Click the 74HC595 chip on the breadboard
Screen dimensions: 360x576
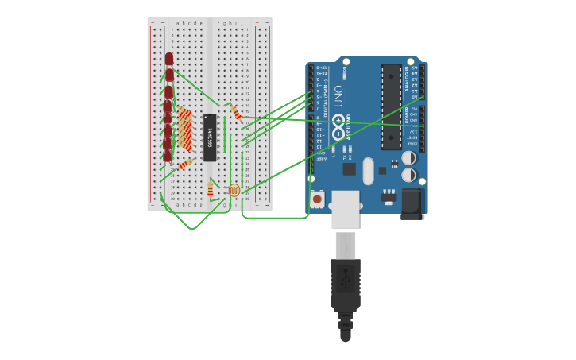point(210,137)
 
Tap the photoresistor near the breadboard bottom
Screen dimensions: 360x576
point(234,190)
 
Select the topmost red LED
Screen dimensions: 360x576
point(169,59)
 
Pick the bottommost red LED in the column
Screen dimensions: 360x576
point(168,156)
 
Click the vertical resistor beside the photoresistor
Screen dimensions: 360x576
point(211,188)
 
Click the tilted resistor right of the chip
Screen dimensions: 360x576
point(236,113)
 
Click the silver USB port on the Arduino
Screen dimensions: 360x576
point(346,210)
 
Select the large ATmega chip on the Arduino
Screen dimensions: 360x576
point(391,106)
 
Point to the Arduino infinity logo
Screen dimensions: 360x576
point(338,127)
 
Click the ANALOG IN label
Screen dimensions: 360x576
point(408,79)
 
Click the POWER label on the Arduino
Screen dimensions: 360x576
point(408,116)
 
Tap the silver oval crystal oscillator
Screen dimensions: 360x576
point(368,170)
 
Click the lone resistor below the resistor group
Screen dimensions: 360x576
point(185,164)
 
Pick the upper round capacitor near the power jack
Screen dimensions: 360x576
point(408,158)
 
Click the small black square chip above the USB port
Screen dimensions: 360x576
point(350,168)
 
